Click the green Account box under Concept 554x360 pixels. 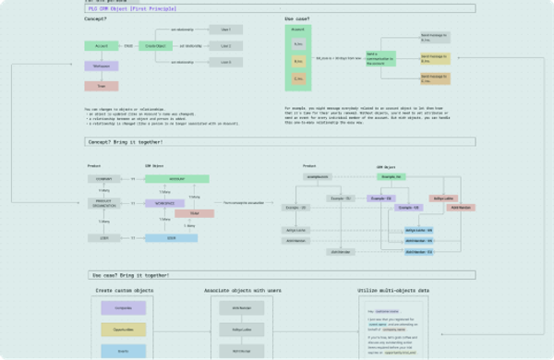tap(102, 45)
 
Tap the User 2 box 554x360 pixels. tap(226, 45)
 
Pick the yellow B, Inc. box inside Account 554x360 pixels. tap(298, 61)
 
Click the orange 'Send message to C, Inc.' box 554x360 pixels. tap(435, 78)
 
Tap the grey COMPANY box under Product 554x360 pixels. tap(103, 177)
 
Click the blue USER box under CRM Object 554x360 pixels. tap(171, 237)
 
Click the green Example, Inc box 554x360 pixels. tap(391, 175)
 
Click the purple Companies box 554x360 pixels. tap(123, 307)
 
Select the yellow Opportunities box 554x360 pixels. tap(123, 330)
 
